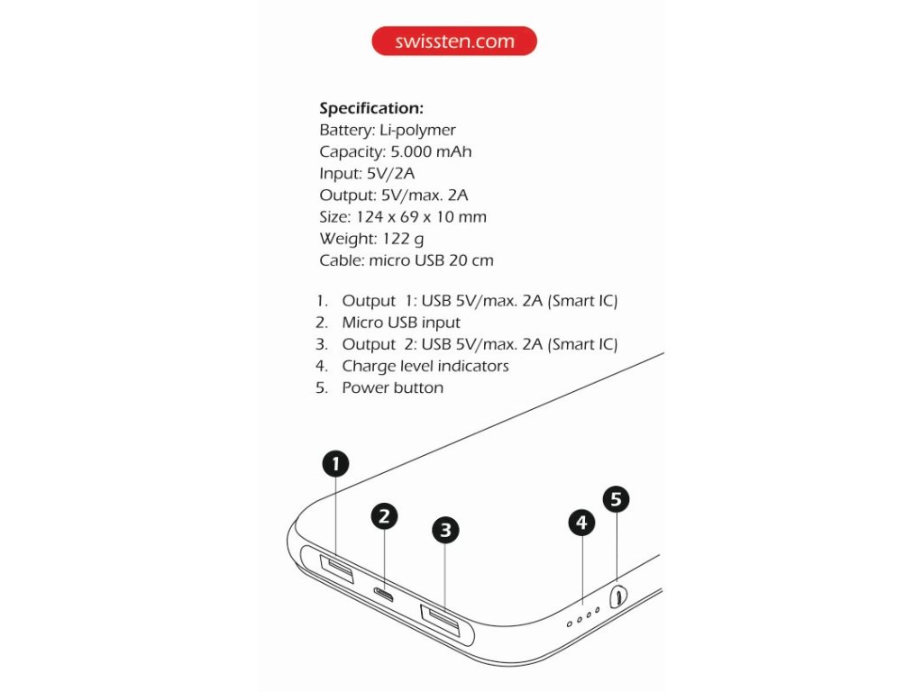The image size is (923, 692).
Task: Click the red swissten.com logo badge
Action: [x=454, y=41]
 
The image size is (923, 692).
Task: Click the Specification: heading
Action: [x=371, y=108]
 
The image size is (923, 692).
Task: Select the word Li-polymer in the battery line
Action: [x=417, y=131]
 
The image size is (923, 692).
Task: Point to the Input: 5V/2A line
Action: [x=367, y=174]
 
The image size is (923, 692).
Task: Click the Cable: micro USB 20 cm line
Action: [x=407, y=260]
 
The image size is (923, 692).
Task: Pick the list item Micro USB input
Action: [x=401, y=323]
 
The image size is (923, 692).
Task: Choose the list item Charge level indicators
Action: [x=425, y=366]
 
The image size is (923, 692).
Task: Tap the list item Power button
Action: [x=392, y=387]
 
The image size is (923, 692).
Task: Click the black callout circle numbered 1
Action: [x=335, y=464]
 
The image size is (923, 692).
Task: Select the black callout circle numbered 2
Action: [x=384, y=515]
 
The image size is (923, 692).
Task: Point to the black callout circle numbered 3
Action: [x=445, y=530]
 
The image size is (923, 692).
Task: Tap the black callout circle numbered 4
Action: [x=581, y=522]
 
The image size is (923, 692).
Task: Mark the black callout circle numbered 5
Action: [x=616, y=499]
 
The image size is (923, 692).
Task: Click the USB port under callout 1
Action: [x=336, y=569]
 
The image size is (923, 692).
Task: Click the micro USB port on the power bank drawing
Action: [x=385, y=596]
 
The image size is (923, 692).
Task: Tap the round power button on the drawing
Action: [x=618, y=596]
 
